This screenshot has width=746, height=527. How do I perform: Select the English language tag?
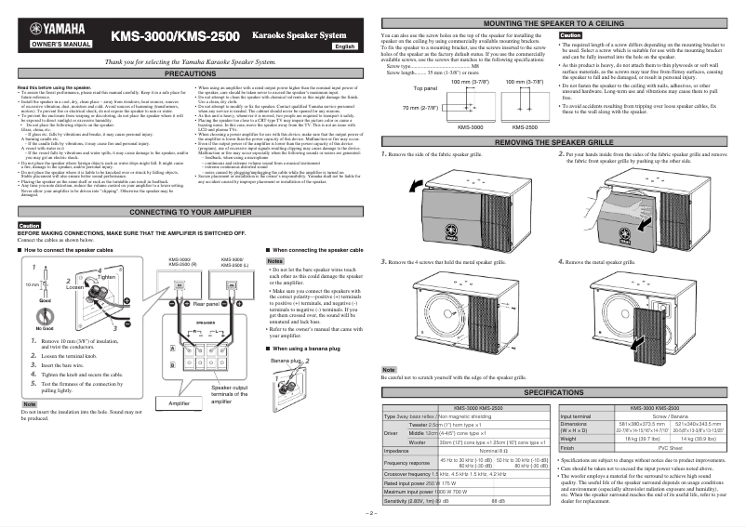tap(345, 46)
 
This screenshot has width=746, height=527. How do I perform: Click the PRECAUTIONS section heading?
tap(191, 72)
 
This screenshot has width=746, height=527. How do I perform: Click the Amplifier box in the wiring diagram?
tap(172, 404)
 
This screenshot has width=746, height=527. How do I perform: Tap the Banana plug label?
tap(284, 358)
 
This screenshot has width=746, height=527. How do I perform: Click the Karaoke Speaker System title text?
tap(299, 34)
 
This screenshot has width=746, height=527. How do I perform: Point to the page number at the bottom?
tap(373, 513)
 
